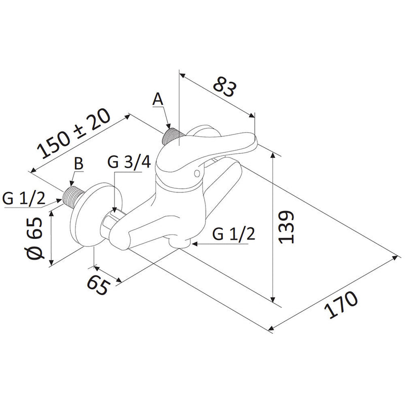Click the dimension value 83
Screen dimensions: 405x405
224,88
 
